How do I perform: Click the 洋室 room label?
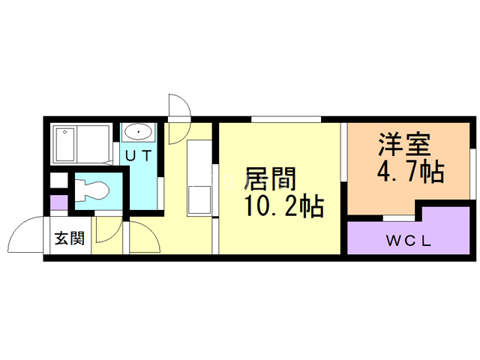[404, 145]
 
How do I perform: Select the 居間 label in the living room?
[270, 179]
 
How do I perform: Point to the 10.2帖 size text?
[284, 206]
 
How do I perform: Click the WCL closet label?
[409, 241]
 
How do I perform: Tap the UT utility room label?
[139, 156]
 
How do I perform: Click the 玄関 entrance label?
[70, 238]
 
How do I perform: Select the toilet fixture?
[91, 190]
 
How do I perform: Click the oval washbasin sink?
[138, 132]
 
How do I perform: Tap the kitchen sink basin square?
[199, 200]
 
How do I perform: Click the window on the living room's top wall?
[286, 119]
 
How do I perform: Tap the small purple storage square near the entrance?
[58, 202]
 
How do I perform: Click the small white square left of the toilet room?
[58, 180]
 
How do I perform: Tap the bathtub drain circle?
[65, 132]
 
